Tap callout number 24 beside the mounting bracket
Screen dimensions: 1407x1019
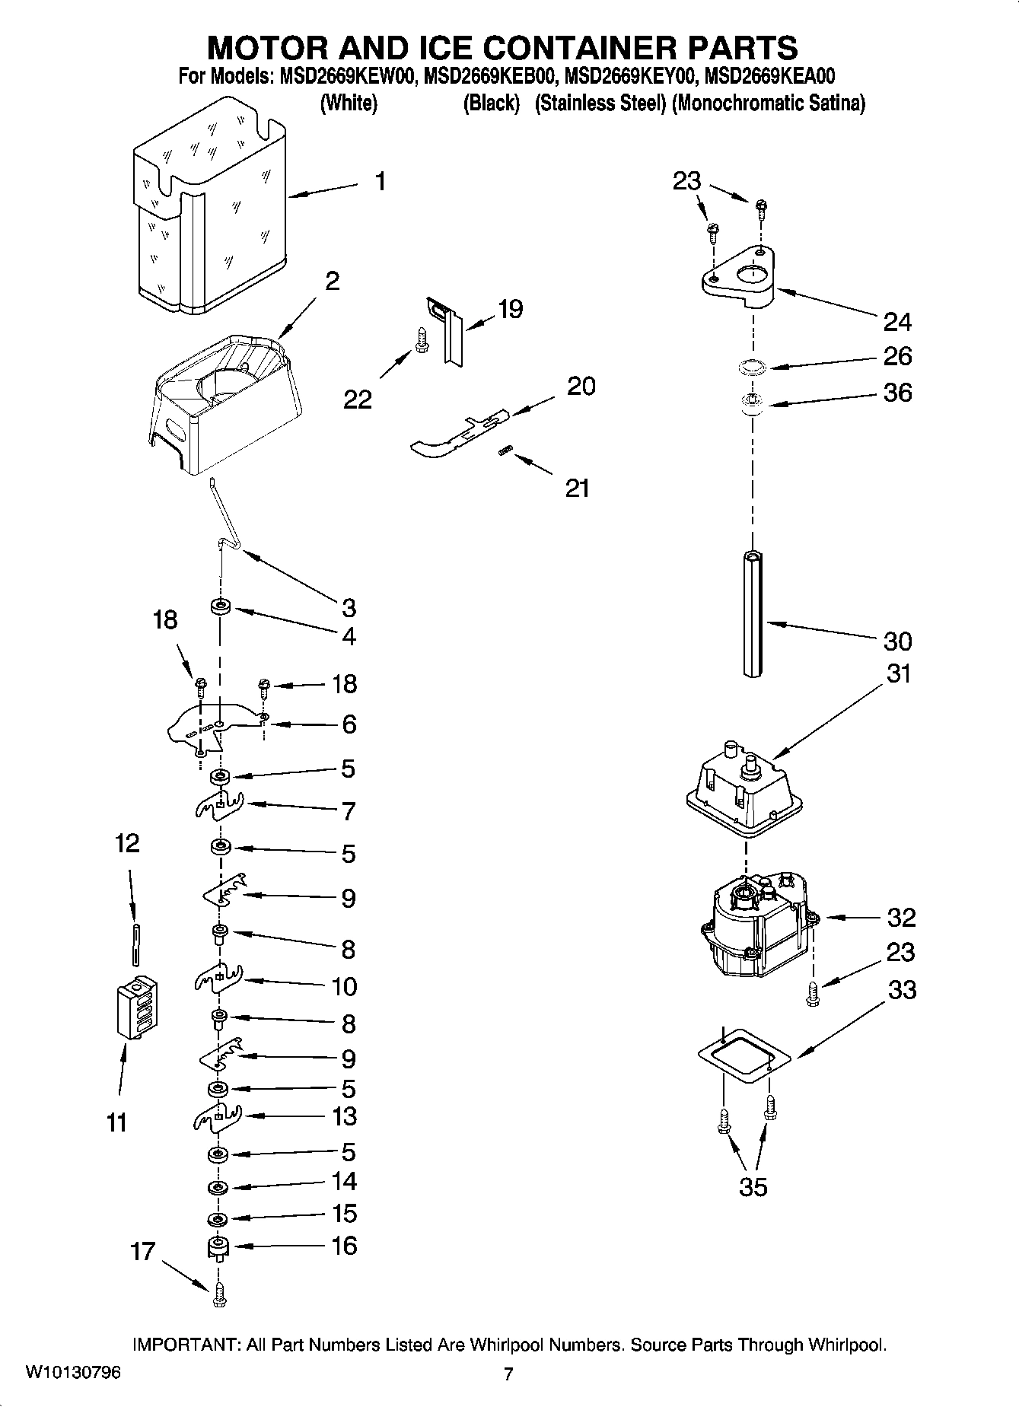(x=897, y=322)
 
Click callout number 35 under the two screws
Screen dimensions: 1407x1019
(x=753, y=1186)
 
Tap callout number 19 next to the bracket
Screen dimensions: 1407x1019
(x=510, y=309)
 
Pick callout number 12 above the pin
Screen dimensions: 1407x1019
(x=127, y=843)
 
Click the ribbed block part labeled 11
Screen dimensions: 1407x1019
(x=139, y=1006)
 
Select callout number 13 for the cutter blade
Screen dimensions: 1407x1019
(x=344, y=1116)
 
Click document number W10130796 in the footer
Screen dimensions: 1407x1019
(x=72, y=1373)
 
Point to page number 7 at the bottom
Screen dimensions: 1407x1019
(x=508, y=1374)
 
